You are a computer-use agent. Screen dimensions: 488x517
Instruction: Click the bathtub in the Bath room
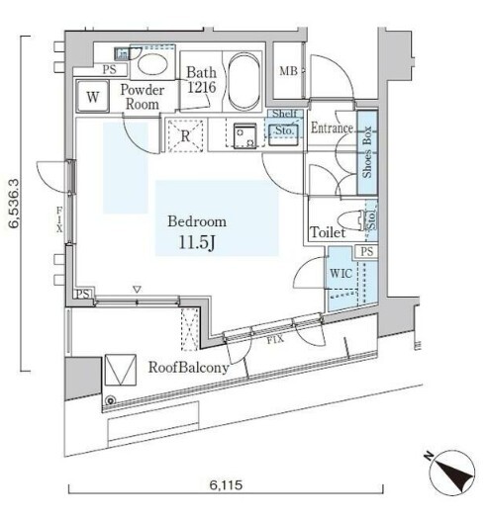coord(244,82)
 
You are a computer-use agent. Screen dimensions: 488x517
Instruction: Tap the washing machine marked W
coord(92,96)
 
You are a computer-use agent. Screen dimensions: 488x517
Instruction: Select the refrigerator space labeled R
coord(185,135)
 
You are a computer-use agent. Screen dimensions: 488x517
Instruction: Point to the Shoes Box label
coord(367,152)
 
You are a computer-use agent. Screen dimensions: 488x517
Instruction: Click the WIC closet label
coord(342,273)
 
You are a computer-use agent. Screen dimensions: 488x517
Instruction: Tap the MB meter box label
coord(288,70)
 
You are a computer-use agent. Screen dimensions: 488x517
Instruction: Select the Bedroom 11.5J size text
coord(197,243)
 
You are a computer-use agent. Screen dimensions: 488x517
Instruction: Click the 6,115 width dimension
coord(226,484)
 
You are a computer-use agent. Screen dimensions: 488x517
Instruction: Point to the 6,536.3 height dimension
coord(15,204)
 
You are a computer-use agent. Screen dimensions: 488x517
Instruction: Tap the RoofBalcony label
coord(188,368)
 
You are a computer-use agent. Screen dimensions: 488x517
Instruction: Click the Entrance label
coord(332,128)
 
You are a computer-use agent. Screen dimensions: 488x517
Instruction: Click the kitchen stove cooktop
coord(245,135)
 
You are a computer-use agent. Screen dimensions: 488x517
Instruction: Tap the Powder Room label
coord(143,97)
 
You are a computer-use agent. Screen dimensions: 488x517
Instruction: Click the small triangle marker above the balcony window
coord(137,290)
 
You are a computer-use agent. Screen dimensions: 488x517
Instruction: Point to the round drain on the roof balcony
coord(110,400)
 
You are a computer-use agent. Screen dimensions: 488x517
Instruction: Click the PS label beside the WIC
coord(367,251)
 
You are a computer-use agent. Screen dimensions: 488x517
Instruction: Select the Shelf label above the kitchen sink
coord(285,114)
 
